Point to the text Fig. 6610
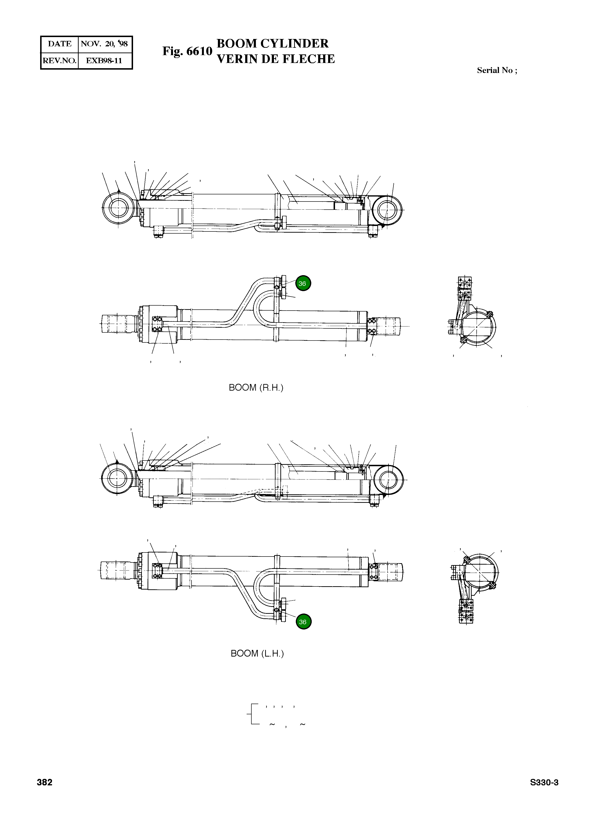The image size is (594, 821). pos(187,51)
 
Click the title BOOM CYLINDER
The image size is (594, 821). pos(272,43)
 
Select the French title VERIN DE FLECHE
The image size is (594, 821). pos(275,59)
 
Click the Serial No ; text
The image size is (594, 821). pos(497,71)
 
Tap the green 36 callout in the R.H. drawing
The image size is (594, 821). pos(303,283)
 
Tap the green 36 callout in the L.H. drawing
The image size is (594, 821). pos(303,622)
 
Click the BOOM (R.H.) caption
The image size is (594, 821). pos(256,388)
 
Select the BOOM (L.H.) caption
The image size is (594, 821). pos(257,653)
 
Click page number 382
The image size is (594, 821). pos(44,782)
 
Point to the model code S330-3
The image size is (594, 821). pos(544,782)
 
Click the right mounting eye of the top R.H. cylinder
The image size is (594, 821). pos(387,210)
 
